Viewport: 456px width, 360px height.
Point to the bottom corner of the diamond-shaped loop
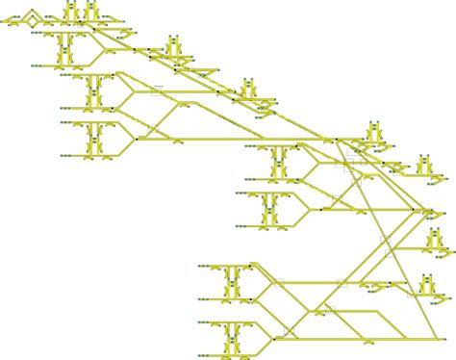pos(33,24)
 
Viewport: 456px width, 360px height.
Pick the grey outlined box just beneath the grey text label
pos(158,92)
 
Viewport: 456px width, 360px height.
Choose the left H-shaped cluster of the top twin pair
pos(73,12)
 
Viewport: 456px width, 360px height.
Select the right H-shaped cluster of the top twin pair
pos(91,12)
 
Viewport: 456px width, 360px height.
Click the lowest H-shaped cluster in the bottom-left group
pos(232,336)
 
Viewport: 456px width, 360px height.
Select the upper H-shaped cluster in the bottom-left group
pos(232,281)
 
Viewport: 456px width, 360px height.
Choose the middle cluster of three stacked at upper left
pos(95,92)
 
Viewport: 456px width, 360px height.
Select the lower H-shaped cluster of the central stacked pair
pos(270,207)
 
